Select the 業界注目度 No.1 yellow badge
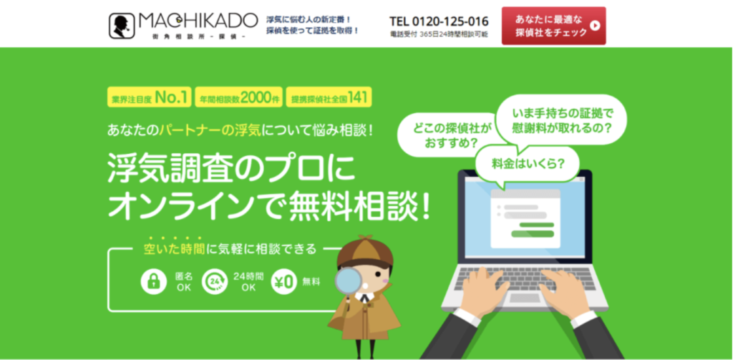point(149,97)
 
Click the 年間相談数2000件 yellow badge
point(238,97)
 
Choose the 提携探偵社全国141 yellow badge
point(329,97)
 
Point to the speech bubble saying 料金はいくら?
point(527,165)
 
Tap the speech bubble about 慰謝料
point(561,121)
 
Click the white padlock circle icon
point(154,281)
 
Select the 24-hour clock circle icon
point(215,281)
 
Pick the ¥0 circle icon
point(283,281)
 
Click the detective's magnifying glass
point(349,281)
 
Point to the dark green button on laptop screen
point(533,234)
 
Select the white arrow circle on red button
point(595,26)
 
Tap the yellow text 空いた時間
point(174,249)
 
